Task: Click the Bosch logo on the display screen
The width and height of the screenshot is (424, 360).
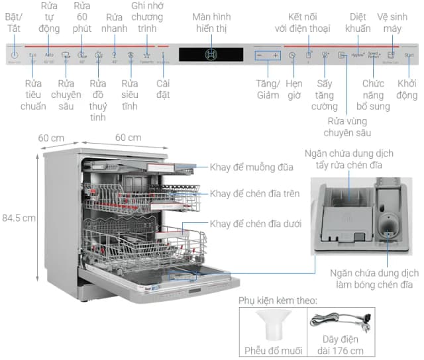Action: (211, 54)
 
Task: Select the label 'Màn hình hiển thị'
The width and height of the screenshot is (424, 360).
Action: (211, 22)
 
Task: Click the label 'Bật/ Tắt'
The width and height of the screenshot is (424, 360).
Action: (14, 22)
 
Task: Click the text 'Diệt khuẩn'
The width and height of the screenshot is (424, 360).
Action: (358, 22)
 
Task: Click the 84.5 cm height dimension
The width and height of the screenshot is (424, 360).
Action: (18, 217)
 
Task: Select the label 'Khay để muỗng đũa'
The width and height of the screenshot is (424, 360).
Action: (251, 167)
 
